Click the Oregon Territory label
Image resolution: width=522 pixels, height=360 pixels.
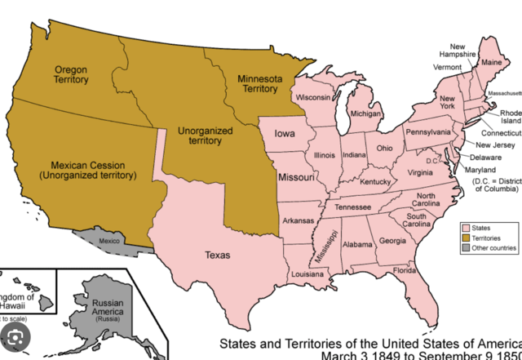[x=71, y=76]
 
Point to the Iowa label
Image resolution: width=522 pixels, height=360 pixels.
[x=285, y=135]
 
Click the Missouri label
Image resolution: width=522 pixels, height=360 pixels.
[x=296, y=177]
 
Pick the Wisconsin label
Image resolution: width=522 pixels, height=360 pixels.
[x=314, y=97]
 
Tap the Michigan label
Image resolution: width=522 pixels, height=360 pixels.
[x=366, y=115]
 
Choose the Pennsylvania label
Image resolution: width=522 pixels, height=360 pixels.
[x=428, y=132]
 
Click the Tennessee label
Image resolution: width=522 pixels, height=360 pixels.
[x=352, y=207]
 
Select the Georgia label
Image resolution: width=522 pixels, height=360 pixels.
[x=392, y=241]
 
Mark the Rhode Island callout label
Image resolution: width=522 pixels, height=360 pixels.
[x=510, y=118]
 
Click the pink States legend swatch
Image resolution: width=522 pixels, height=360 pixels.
[x=465, y=228]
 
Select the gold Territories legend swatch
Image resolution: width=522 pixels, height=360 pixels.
[x=465, y=238]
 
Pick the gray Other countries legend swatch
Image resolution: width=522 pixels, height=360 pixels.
[x=465, y=247]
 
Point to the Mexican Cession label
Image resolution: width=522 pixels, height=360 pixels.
[x=87, y=169]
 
